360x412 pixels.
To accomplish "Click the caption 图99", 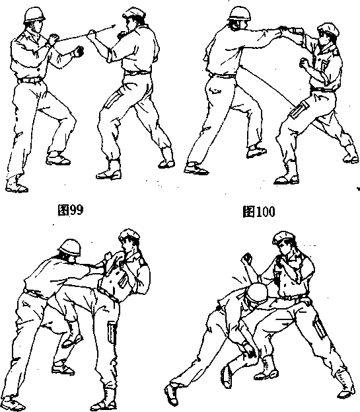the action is tap(71, 210).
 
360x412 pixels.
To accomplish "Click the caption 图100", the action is tap(259, 211).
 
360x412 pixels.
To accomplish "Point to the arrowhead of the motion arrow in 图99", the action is tap(113, 26).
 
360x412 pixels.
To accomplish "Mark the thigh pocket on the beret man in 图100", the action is tap(299, 110).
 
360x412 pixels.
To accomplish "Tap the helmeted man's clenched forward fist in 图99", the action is tap(79, 51).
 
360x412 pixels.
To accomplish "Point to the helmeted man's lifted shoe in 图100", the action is tap(256, 151).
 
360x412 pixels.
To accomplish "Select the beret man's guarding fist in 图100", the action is tap(304, 63).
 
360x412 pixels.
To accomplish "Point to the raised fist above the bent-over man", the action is tap(246, 258).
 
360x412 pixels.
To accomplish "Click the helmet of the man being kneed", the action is tap(69, 247).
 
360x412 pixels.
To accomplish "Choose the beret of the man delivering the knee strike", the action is tap(129, 235).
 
